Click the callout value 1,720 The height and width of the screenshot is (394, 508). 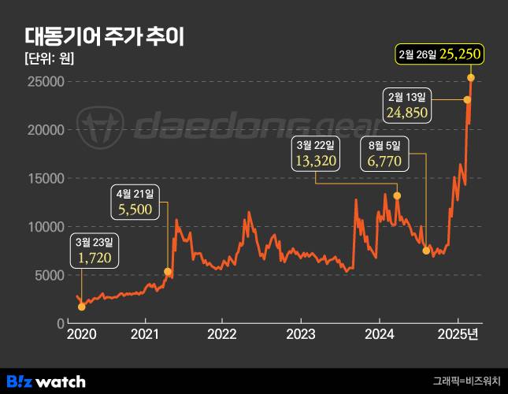tap(95, 257)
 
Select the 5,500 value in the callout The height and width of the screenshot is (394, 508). tap(138, 210)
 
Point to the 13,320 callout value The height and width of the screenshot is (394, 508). tap(317, 162)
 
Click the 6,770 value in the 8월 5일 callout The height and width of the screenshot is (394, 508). tap(384, 162)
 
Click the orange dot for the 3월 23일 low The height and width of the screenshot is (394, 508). tap(82, 307)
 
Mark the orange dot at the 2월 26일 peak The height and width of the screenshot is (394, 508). tap(471, 77)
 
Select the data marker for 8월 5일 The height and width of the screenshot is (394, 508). tap(426, 251)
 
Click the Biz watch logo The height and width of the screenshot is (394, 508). tap(46, 381)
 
